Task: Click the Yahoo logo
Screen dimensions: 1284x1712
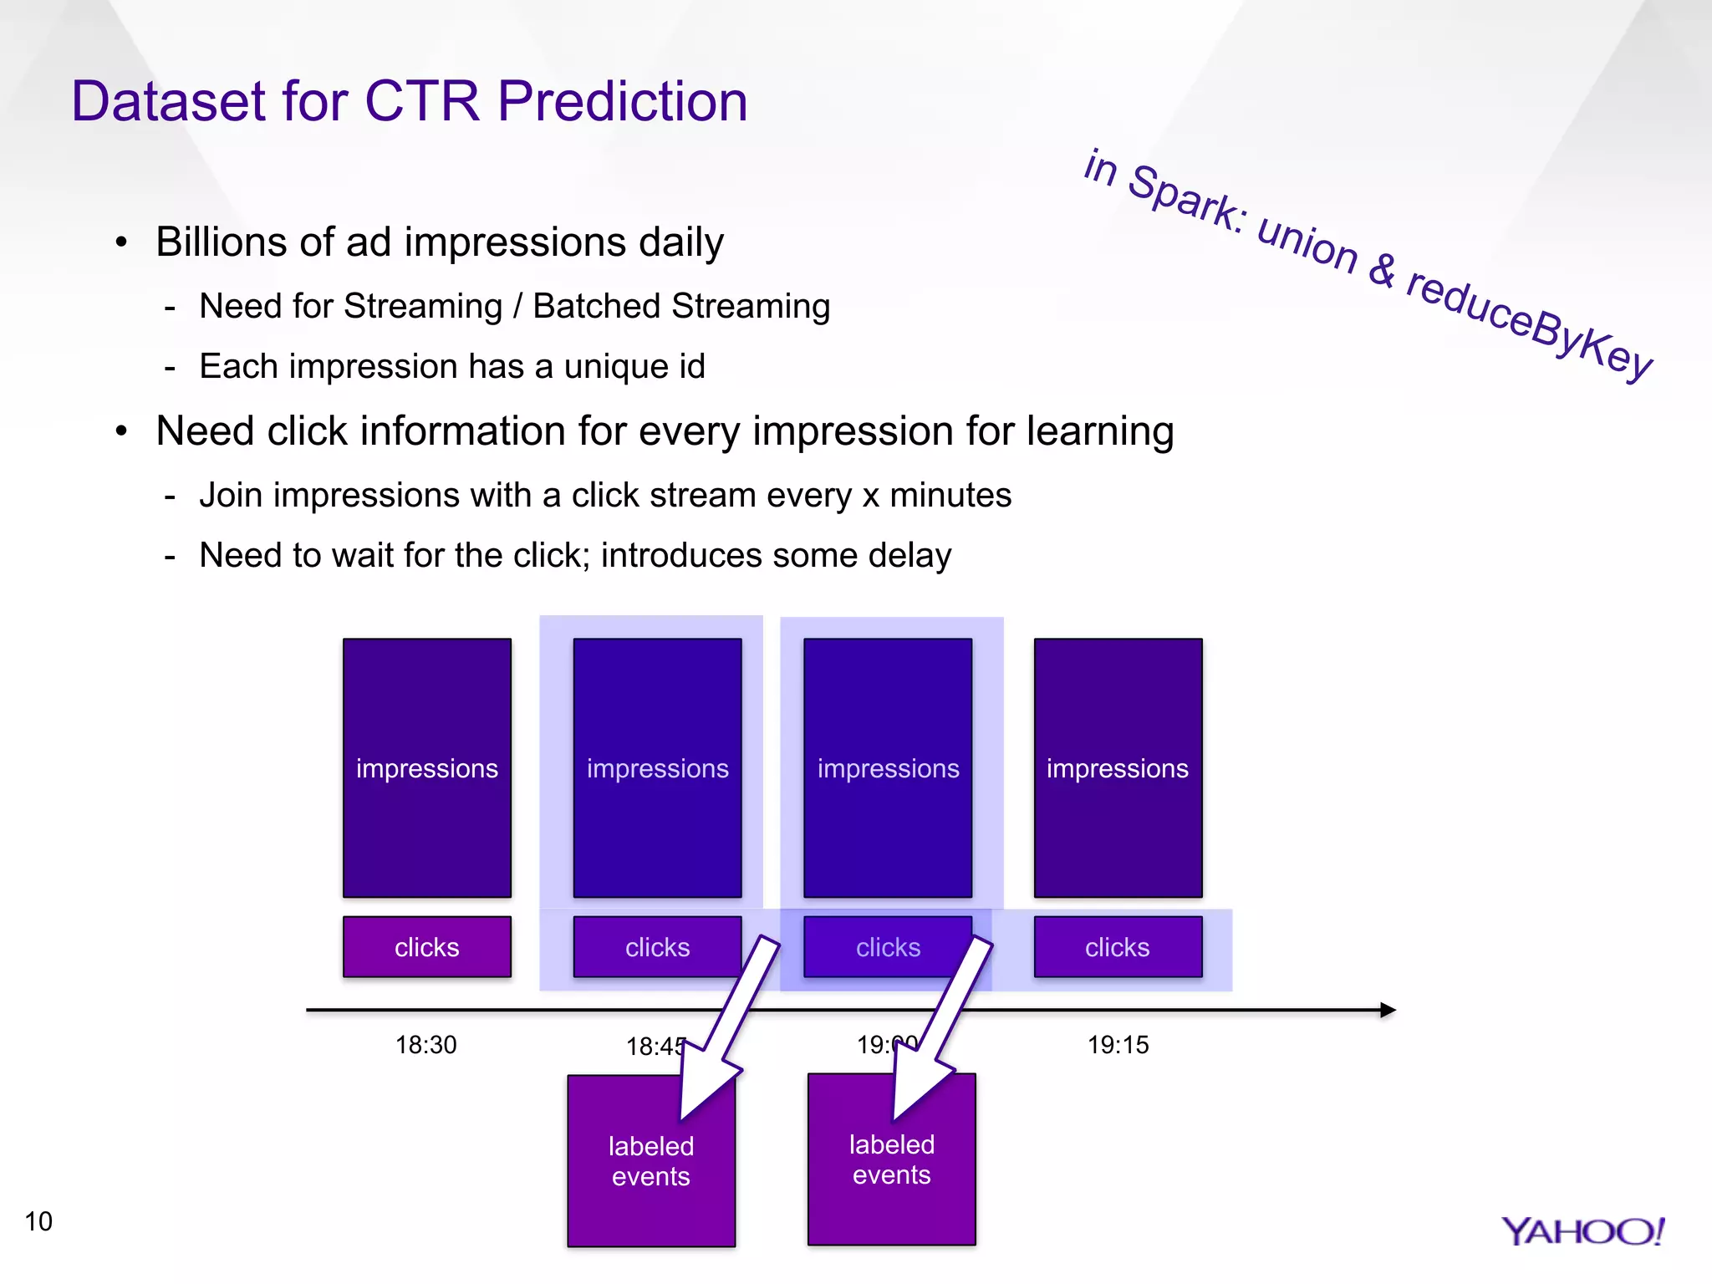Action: point(1582,1231)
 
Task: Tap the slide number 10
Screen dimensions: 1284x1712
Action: point(38,1221)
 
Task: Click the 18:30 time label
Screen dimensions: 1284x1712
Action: point(425,1045)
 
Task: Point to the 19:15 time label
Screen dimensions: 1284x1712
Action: point(1118,1045)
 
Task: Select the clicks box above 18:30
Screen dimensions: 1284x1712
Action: point(426,947)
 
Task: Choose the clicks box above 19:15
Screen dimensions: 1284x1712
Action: point(1118,947)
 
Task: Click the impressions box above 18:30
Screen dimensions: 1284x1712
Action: point(426,767)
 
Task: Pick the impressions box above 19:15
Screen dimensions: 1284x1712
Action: point(1118,767)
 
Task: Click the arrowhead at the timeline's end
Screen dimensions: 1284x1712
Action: point(1388,1010)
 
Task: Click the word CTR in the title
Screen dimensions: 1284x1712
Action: point(422,102)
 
